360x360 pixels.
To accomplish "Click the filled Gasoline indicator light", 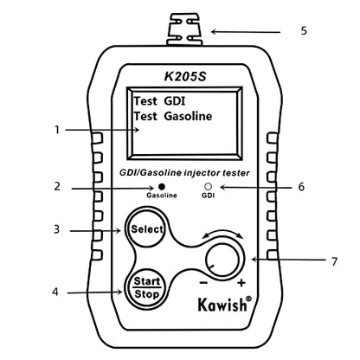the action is pos(162,187).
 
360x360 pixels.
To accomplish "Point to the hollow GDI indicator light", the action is pos(208,187).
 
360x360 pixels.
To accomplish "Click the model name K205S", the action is pos(185,76).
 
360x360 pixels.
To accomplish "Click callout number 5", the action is pos(304,30).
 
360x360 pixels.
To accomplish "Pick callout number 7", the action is pos(334,261).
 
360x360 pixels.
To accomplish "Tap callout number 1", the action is pos(57,130).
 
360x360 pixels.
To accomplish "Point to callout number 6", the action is pos(301,187).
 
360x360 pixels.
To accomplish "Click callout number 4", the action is pos(55,292).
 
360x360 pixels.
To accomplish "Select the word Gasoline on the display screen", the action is pos(188,116).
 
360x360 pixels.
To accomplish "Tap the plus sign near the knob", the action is pos(241,283).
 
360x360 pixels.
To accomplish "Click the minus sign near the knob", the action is pos(203,282).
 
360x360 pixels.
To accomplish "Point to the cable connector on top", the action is pos(184,29).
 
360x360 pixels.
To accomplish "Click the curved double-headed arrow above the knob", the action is pos(222,232).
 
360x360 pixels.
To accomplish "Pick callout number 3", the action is pos(56,230).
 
